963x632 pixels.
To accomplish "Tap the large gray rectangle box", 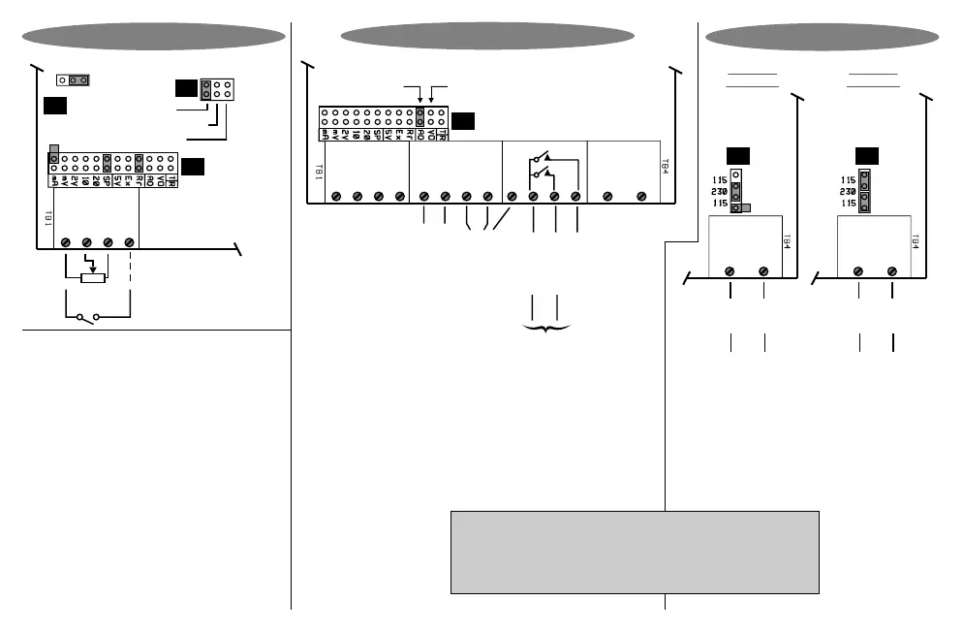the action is pos(635,551).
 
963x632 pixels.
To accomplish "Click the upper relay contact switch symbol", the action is pos(541,157).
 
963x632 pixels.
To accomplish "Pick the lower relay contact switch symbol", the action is pos(541,175).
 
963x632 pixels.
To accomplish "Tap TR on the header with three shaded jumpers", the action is pos(171,179).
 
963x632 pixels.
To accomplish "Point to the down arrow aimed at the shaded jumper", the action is pos(419,98).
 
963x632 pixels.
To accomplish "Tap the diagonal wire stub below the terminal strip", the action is pos(500,220).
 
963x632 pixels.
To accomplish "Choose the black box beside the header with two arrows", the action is pos(463,121).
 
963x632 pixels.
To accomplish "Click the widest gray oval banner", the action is pos(487,36).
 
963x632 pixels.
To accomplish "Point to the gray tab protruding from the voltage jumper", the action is pos(745,206).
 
